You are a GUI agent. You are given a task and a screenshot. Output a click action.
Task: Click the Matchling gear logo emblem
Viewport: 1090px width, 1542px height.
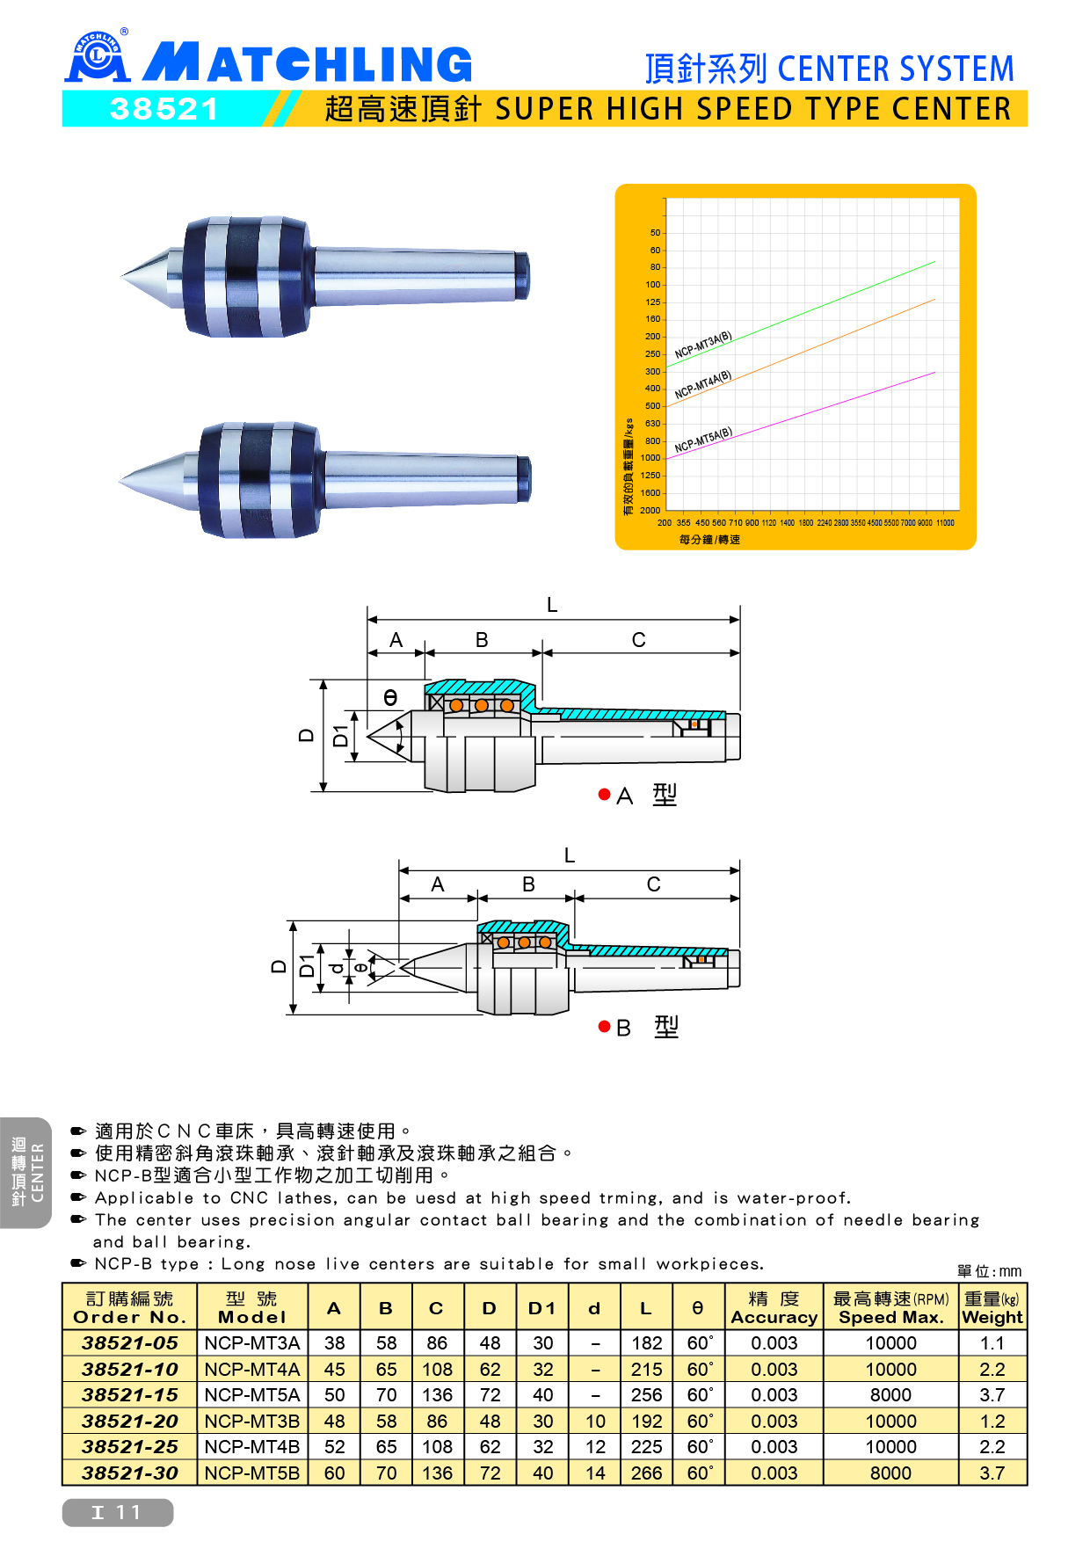tap(98, 55)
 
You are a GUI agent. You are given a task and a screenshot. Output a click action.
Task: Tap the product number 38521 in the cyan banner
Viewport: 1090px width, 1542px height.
tap(164, 109)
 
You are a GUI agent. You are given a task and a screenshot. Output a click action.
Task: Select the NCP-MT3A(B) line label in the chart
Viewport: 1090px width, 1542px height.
tap(703, 345)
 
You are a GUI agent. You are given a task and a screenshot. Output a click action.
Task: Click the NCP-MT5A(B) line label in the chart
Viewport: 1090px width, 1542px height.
tap(703, 440)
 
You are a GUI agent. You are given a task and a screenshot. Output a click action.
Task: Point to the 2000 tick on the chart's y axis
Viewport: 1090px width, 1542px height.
tap(650, 510)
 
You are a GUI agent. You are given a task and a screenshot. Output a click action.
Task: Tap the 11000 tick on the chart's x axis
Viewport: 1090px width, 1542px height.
tap(945, 523)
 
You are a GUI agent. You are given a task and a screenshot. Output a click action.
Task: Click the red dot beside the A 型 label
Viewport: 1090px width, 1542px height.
tap(604, 795)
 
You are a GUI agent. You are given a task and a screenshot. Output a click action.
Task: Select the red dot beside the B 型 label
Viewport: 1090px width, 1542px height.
tap(604, 1027)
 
